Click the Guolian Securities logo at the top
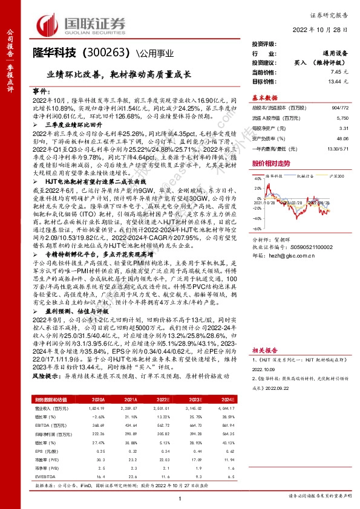coord(82,24)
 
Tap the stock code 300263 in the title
coord(106,54)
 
